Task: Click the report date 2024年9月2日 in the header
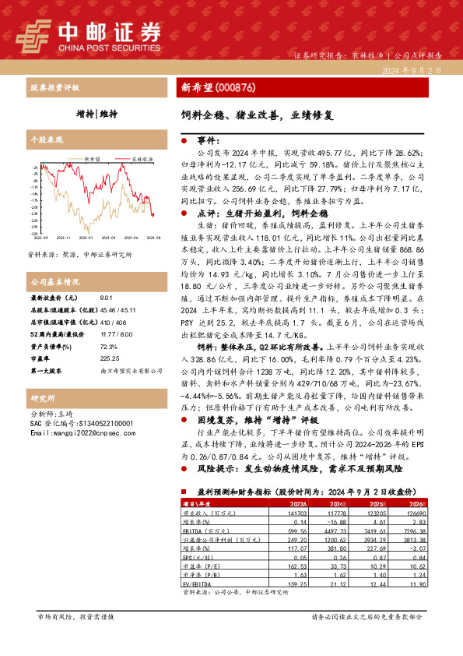pyautogui.click(x=420, y=69)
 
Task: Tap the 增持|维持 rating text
pyautogui.click(x=97, y=114)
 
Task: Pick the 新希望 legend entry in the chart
pyautogui.click(x=92, y=157)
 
